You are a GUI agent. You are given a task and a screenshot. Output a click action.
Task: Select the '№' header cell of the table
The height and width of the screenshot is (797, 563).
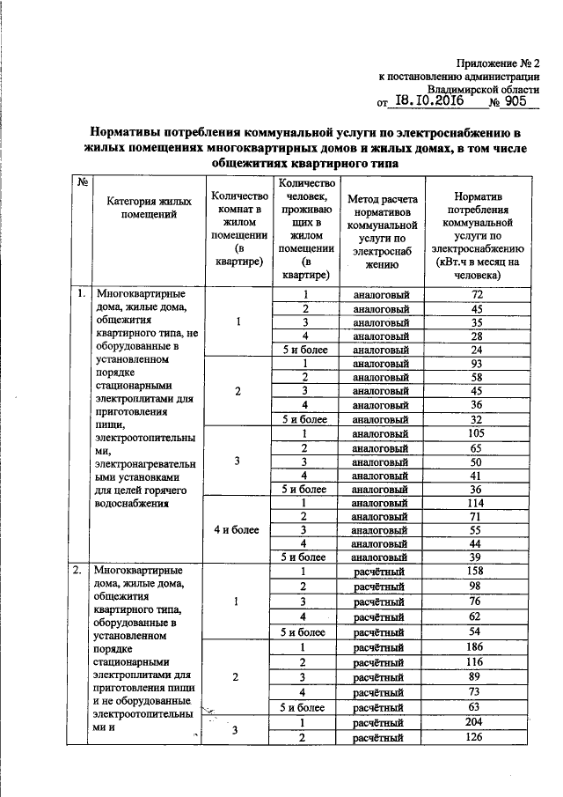pyautogui.click(x=82, y=182)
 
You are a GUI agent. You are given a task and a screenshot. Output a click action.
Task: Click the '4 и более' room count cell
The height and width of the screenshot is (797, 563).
pyautogui.click(x=237, y=529)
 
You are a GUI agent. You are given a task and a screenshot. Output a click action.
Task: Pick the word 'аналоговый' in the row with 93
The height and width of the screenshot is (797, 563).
pyautogui.click(x=381, y=364)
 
